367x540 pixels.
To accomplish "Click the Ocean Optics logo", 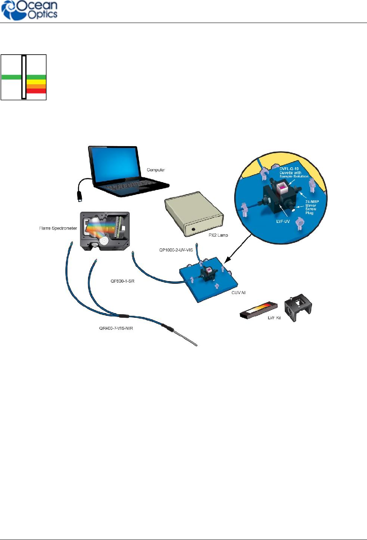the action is pyautogui.click(x=30, y=11).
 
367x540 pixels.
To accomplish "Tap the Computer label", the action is pyautogui.click(x=156, y=170).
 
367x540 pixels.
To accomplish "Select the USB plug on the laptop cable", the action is pyautogui.click(x=79, y=196).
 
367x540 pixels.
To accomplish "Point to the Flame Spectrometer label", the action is pyautogui.click(x=58, y=228).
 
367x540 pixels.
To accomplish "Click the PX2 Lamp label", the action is pyautogui.click(x=218, y=235).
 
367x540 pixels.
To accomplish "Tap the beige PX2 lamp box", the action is pyautogui.click(x=194, y=214).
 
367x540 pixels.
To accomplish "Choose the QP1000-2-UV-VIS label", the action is pyautogui.click(x=176, y=250).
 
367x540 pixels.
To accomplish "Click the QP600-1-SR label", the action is pyautogui.click(x=122, y=281).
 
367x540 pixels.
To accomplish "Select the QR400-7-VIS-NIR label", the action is pyautogui.click(x=116, y=328).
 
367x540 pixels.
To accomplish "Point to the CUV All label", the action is pyautogui.click(x=238, y=292).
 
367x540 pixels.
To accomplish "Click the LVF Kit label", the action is pyautogui.click(x=274, y=318).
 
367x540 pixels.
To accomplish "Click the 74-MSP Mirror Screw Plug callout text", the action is pyautogui.click(x=312, y=207).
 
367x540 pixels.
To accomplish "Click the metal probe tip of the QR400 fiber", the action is pyautogui.click(x=187, y=339).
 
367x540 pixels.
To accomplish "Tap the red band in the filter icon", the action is pyautogui.click(x=36, y=91).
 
